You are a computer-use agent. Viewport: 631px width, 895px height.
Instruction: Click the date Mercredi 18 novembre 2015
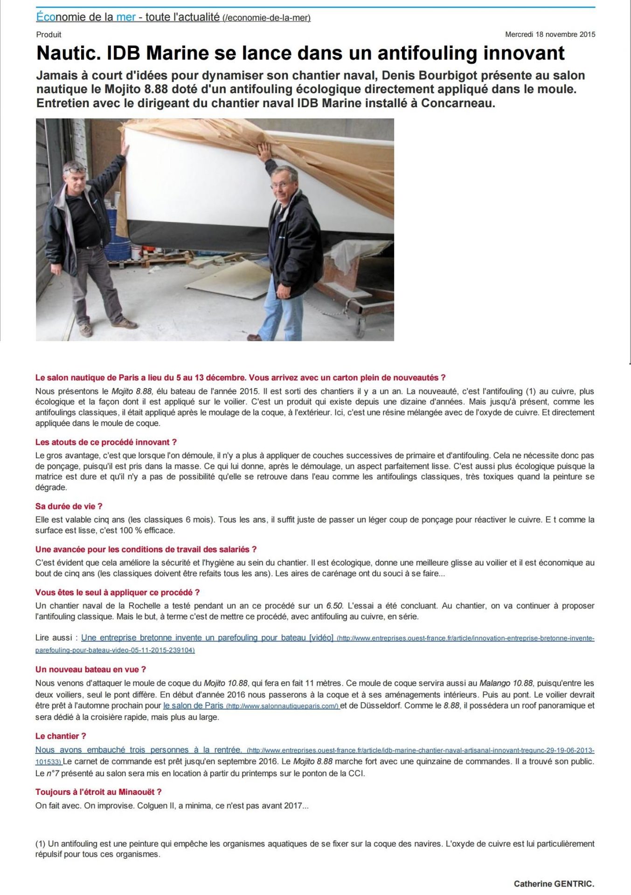point(550,34)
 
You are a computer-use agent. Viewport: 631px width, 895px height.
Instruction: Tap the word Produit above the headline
point(49,34)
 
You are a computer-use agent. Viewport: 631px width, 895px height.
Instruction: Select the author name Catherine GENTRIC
point(554,883)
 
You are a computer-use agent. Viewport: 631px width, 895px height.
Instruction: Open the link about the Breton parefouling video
point(207,638)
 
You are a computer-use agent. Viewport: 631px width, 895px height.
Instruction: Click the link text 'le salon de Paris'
point(193,706)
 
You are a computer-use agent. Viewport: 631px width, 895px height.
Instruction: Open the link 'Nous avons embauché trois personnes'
point(138,750)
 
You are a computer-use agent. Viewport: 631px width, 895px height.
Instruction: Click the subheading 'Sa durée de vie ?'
point(69,506)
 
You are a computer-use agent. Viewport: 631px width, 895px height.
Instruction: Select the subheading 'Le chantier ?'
point(61,736)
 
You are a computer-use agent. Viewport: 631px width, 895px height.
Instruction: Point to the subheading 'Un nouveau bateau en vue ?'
point(90,669)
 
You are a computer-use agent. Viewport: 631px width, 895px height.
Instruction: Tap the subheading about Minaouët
point(98,792)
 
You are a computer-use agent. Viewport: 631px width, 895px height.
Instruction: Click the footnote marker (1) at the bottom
point(41,844)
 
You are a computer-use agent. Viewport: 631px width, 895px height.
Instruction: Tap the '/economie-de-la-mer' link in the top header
point(267,18)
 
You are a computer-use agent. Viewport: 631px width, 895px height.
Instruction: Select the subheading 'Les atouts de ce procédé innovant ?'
point(106,442)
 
